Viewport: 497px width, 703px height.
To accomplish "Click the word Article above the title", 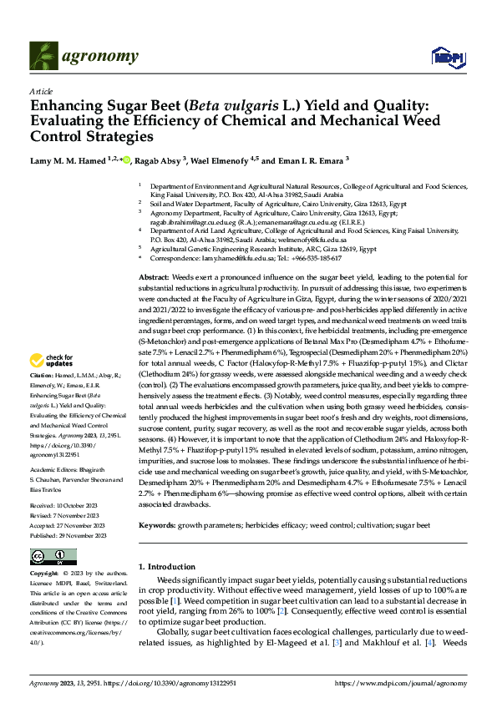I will [x=41, y=91].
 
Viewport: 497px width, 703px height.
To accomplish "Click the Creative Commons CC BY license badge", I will [x=53, y=557].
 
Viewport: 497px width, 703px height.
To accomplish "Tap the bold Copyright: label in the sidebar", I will [x=45, y=575].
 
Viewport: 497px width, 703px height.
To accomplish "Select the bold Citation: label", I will [x=43, y=401].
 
